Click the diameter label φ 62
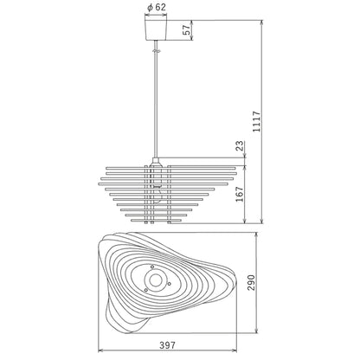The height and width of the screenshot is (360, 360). click(x=157, y=8)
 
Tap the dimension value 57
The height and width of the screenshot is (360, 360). click(x=188, y=29)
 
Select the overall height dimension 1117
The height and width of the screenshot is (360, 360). click(x=256, y=121)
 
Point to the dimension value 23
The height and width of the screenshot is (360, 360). click(x=240, y=146)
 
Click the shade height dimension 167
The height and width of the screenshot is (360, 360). click(x=240, y=195)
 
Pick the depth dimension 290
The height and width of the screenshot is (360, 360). click(x=251, y=283)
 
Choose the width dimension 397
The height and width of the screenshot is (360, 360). click(x=167, y=345)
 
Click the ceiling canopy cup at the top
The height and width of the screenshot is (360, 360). click(x=156, y=30)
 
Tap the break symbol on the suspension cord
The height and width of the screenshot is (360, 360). click(x=156, y=51)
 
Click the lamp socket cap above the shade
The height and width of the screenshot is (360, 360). click(x=156, y=161)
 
